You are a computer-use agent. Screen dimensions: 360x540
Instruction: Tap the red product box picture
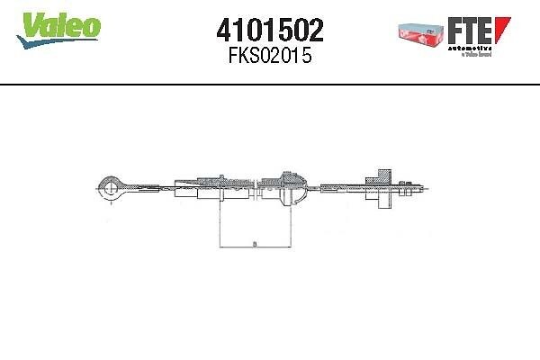pyautogui.click(x=419, y=31)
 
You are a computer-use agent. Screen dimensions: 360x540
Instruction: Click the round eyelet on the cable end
pyautogui.click(x=109, y=188)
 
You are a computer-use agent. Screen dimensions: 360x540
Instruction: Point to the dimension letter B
pyautogui.click(x=255, y=241)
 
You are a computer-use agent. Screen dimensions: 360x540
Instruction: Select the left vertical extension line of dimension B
pyautogui.click(x=220, y=225)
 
